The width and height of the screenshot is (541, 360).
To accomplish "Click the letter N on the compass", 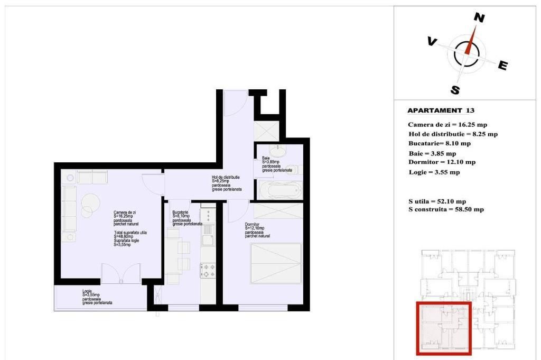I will point(479,17).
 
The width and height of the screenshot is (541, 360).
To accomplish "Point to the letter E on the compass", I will point(503,65).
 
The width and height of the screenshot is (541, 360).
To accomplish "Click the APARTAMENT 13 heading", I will point(441,111).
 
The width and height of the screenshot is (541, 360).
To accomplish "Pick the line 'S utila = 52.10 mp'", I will point(437,201).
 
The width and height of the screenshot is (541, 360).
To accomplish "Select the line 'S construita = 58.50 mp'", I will point(446,209).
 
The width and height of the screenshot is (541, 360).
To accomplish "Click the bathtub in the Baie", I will point(279,190).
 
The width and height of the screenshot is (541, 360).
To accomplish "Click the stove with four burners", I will point(208,270).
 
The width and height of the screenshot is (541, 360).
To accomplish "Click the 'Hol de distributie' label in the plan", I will point(226,178).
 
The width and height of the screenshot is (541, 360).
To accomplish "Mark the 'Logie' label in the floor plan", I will point(87,291).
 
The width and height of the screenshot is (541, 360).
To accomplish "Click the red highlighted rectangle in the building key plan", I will point(443,328).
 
